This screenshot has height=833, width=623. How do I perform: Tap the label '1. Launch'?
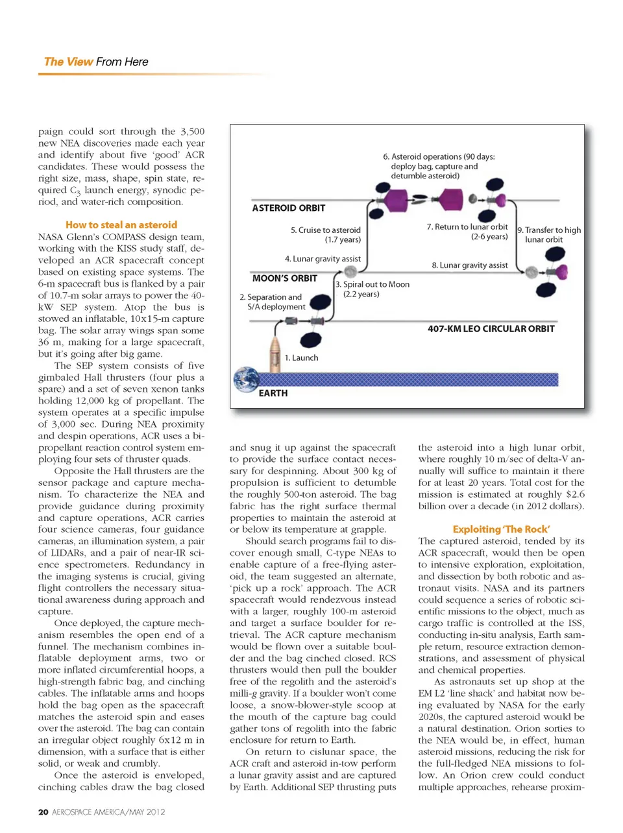301,357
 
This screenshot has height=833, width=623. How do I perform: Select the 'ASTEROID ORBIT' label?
288,208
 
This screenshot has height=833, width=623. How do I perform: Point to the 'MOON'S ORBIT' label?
284,278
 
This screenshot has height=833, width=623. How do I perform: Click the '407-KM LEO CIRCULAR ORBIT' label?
491,329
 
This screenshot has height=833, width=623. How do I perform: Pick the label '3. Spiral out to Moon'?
373,289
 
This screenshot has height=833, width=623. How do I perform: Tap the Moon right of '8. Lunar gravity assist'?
531,272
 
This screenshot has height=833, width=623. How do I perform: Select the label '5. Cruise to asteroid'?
326,235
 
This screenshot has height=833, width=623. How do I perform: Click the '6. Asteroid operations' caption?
439,166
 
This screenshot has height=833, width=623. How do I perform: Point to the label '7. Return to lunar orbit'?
467,232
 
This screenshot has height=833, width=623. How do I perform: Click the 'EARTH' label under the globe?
273,393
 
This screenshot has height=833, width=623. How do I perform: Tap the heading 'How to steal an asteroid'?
121,225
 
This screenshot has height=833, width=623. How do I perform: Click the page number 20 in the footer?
43,812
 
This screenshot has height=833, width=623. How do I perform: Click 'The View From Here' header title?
96,62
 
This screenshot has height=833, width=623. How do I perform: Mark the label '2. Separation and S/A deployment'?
273,302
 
